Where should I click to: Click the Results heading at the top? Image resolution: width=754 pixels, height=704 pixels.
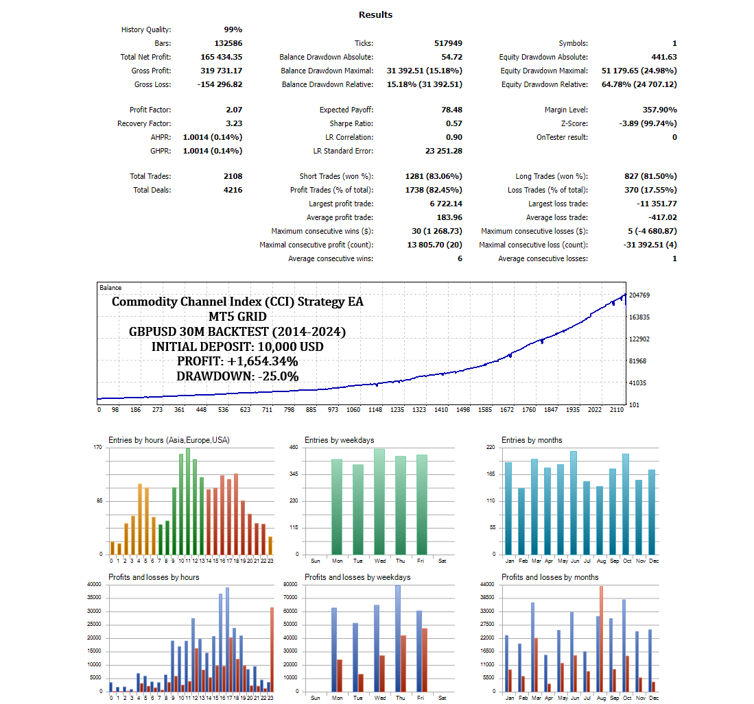point(375,14)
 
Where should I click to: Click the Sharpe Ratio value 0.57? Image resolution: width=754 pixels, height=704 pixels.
point(453,123)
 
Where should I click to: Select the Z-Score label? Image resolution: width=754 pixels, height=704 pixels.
point(574,123)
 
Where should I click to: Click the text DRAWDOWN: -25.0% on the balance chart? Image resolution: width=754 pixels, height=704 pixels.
point(237,376)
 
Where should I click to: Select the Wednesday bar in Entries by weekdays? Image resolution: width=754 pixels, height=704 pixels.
point(379,501)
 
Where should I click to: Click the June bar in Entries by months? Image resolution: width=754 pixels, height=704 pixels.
point(574,502)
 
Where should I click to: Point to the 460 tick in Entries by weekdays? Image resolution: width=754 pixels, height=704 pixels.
point(294,448)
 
